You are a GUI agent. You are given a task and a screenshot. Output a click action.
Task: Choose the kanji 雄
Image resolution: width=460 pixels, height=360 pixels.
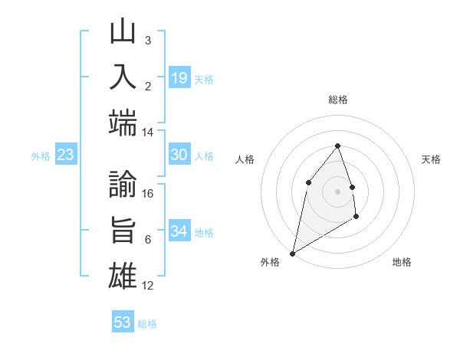123,276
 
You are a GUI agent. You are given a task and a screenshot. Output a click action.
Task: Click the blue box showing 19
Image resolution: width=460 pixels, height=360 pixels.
179,77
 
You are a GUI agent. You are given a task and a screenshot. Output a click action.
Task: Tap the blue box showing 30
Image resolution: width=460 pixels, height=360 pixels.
179,155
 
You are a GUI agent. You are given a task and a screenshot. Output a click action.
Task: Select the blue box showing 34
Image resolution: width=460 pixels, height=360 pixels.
179,231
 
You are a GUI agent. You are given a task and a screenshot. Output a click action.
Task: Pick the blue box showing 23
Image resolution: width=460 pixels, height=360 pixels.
66,155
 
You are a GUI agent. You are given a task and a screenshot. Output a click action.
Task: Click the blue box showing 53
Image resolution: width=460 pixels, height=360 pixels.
123,322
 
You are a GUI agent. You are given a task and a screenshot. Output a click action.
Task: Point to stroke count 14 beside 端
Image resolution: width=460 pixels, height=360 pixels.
148,133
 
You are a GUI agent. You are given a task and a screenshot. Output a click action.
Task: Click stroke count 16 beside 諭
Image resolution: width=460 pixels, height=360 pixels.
148,194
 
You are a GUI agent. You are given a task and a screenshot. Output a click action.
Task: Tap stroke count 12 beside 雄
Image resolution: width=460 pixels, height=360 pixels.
148,286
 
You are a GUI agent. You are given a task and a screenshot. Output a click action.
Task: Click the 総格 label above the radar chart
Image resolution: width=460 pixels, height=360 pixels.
337,100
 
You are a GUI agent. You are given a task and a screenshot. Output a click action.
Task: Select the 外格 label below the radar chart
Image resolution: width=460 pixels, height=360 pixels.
270,263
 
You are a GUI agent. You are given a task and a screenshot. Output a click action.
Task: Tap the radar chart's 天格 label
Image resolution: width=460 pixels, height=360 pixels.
431,159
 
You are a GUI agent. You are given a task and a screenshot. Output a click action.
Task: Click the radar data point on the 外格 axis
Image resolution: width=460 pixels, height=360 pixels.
292,253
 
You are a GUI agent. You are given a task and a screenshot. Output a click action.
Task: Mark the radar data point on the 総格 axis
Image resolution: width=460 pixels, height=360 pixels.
337,146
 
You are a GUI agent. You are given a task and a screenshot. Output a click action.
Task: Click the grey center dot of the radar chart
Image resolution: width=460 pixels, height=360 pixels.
337,191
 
